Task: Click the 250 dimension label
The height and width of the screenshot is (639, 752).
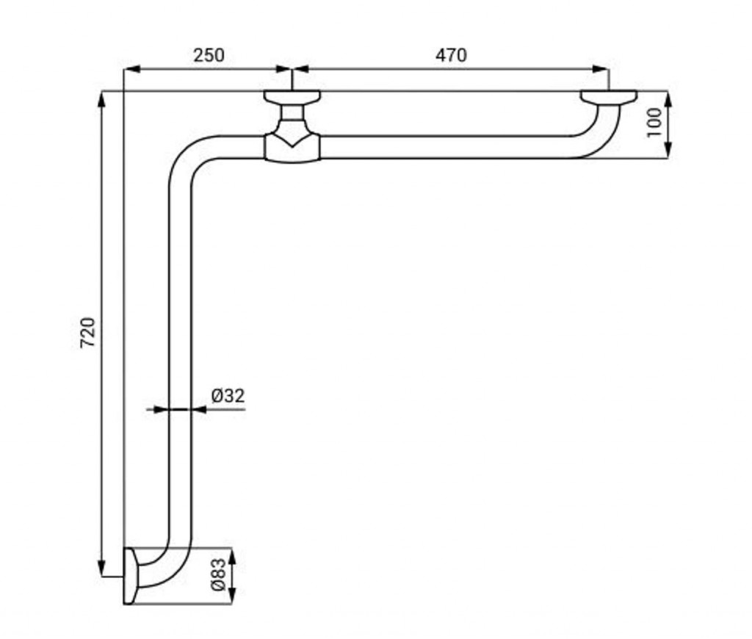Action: click(x=209, y=55)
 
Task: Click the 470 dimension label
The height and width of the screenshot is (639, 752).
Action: click(x=451, y=55)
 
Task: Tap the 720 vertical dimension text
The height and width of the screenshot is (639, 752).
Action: click(x=88, y=333)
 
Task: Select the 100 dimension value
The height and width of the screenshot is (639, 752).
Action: click(x=654, y=123)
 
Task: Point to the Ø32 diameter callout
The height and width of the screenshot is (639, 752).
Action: click(x=228, y=396)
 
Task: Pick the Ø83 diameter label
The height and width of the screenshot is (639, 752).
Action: click(x=218, y=574)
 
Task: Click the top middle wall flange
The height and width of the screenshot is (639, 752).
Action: click(x=292, y=96)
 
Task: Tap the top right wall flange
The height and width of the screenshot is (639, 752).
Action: click(x=609, y=96)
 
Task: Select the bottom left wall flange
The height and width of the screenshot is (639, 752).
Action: click(x=131, y=576)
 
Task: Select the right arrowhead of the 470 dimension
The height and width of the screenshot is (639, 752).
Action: click(x=600, y=69)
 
